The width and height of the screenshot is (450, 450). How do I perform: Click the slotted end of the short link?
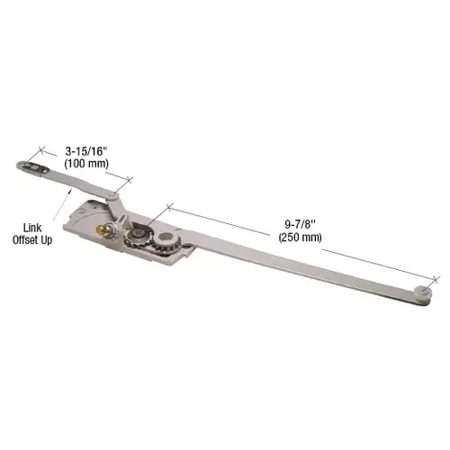[x=34, y=165]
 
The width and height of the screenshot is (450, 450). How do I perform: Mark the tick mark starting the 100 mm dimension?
[x=40, y=150]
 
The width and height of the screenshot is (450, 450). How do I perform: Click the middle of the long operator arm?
[x=297, y=266]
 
